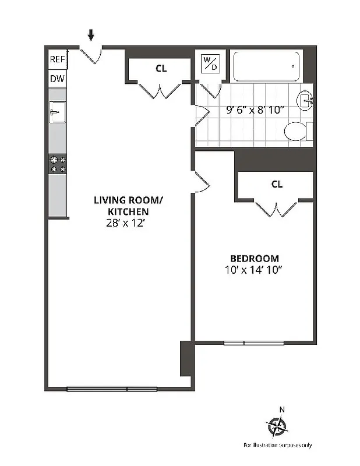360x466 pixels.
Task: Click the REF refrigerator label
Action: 57,59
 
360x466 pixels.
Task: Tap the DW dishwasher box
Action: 57,79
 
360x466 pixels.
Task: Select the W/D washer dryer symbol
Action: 210,63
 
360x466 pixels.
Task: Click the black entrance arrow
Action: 90,36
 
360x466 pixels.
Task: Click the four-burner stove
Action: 57,164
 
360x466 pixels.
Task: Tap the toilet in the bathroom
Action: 295,132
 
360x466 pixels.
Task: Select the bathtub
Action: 266,66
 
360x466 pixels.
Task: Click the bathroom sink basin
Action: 305,101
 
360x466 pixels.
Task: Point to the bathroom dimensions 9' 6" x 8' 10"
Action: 254,110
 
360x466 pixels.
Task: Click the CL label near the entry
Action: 161,68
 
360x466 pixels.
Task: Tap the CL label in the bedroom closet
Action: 277,184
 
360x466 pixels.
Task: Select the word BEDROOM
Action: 254,258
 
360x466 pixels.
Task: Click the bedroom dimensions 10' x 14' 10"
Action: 254,270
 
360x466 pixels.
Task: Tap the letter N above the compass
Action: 282,409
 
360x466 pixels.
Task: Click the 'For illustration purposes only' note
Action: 277,445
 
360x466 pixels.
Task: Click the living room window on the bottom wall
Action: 112,389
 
